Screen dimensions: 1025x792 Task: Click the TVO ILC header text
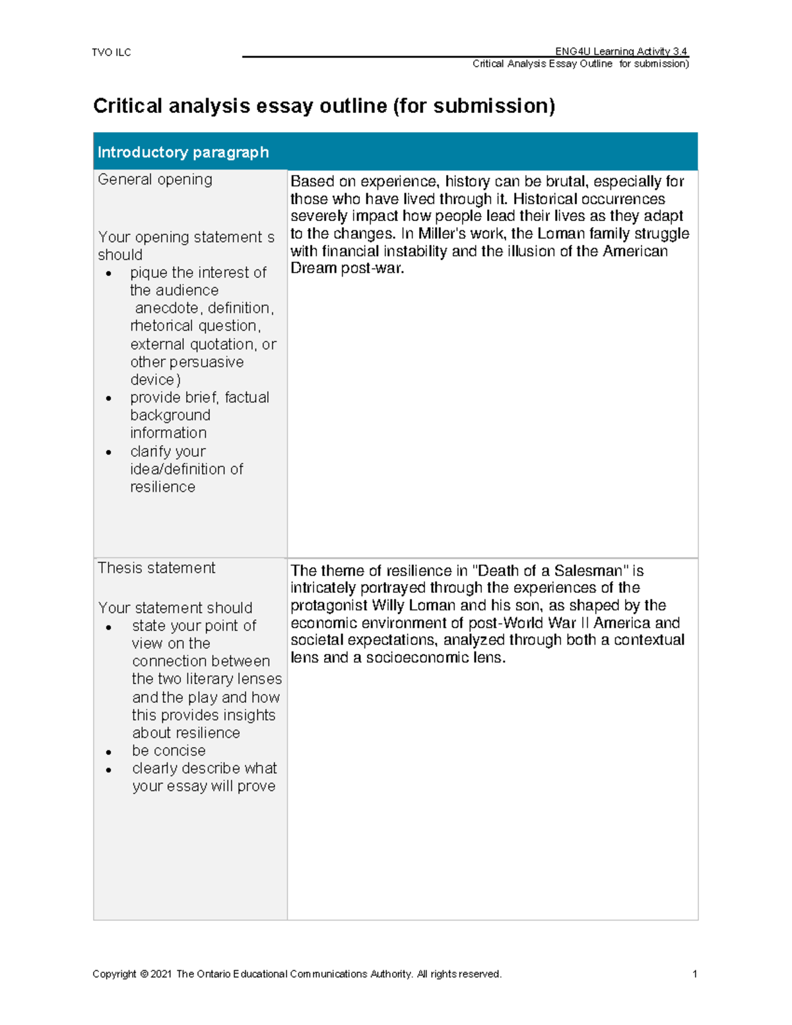point(112,53)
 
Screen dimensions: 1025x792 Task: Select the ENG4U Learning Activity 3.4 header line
point(620,51)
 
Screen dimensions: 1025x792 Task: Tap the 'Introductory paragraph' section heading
point(183,152)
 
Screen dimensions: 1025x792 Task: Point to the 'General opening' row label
point(155,180)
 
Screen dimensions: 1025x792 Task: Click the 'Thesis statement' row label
point(156,568)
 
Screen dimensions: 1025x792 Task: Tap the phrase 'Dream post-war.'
point(347,269)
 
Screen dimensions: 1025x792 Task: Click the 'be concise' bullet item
point(169,751)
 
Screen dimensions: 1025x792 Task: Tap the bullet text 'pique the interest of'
point(198,273)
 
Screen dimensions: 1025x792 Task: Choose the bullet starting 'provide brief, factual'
point(199,397)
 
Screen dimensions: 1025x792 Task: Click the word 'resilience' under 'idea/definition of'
point(162,487)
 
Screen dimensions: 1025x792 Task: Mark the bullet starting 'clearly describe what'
point(204,769)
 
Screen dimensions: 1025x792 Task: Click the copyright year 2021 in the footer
point(161,974)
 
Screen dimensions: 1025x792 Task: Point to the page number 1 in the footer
point(694,974)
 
